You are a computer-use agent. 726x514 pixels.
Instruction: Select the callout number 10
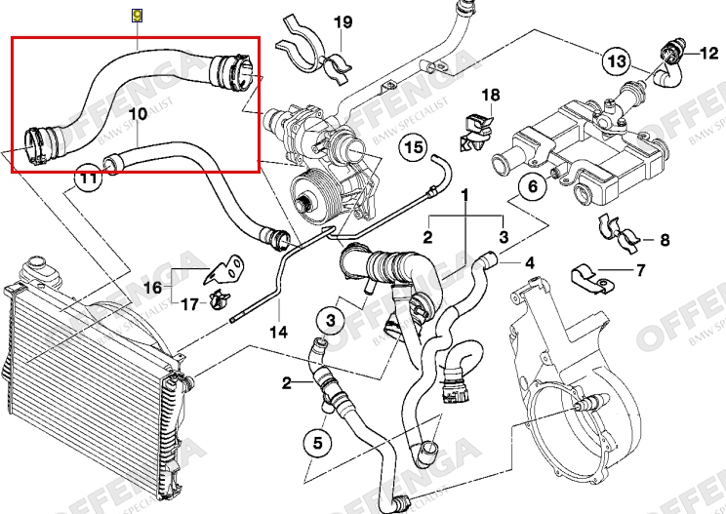pos(137,114)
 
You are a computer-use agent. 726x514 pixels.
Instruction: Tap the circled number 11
pos(89,178)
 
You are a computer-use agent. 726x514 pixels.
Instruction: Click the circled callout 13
pos(616,61)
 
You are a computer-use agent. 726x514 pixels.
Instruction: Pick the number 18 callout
pos(490,95)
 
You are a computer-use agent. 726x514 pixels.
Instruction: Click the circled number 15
pos(414,147)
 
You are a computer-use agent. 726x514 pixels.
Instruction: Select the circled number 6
pos(533,185)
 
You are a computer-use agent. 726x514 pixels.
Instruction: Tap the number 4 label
pos(530,262)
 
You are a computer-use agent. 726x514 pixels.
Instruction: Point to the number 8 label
pos(665,239)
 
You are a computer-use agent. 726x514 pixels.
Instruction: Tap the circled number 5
pos(317,444)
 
